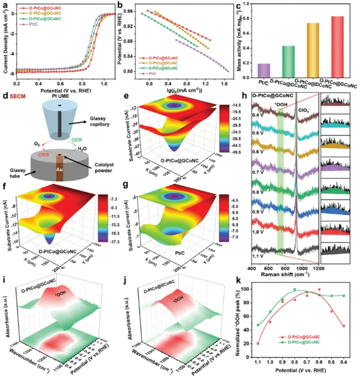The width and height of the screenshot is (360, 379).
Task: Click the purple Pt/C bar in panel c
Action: tap(264, 71)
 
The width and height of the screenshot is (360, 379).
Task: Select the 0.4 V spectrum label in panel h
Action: tap(257, 115)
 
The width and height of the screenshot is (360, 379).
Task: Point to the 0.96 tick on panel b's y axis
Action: tap(132, 11)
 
